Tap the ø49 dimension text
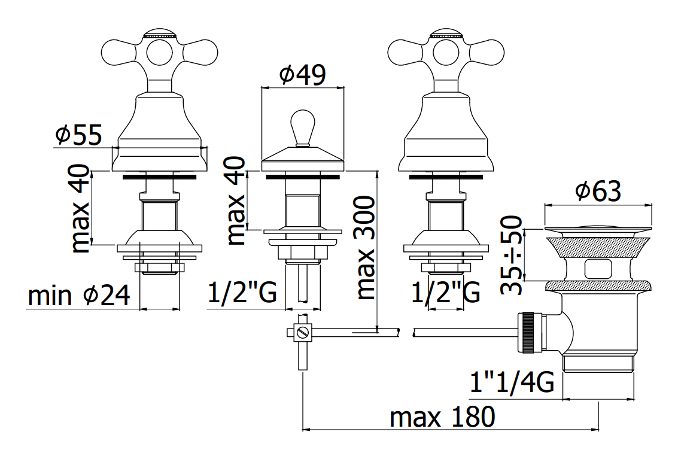pyautogui.click(x=302, y=75)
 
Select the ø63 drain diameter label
pyautogui.click(x=598, y=191)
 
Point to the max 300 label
pyautogui.click(x=366, y=248)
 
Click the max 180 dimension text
pyautogui.click(x=443, y=417)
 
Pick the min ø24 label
pyautogui.click(x=79, y=296)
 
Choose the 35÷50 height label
pyautogui.click(x=512, y=255)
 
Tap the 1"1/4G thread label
pyautogui.click(x=512, y=381)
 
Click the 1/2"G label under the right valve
pyautogui.click(x=446, y=293)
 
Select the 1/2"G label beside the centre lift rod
pyautogui.click(x=242, y=293)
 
